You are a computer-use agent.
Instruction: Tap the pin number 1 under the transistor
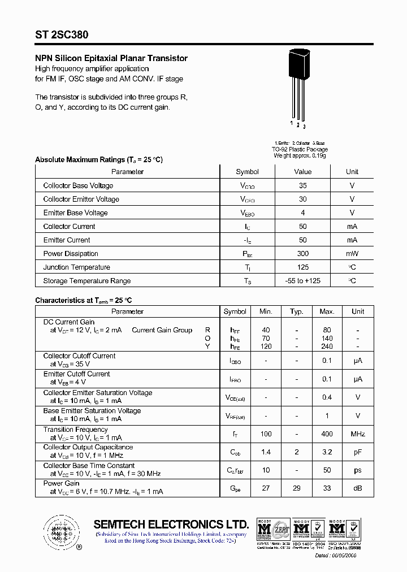tap(292, 123)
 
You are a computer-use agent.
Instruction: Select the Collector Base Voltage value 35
tap(303, 185)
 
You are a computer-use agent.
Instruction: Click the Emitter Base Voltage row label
tap(75, 213)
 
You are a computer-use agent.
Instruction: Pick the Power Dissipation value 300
tap(303, 254)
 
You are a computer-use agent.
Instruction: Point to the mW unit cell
tap(352, 254)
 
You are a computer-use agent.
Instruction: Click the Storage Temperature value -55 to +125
tap(303, 281)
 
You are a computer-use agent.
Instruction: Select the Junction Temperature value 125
tap(303, 267)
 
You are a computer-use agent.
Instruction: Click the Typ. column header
tap(296, 311)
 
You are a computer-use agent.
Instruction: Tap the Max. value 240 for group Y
tap(327, 346)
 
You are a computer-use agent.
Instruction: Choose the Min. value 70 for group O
tap(266, 339)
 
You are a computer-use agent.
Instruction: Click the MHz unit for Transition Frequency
tap(357, 434)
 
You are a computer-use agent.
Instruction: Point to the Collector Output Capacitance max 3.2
tap(327, 452)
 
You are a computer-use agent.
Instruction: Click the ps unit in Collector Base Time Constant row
tap(357, 470)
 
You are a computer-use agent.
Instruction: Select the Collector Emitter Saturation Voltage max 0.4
tap(327, 397)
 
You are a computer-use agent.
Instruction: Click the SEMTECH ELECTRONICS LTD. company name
tap(171, 524)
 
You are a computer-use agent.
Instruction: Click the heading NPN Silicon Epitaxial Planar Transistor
tap(111, 58)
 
